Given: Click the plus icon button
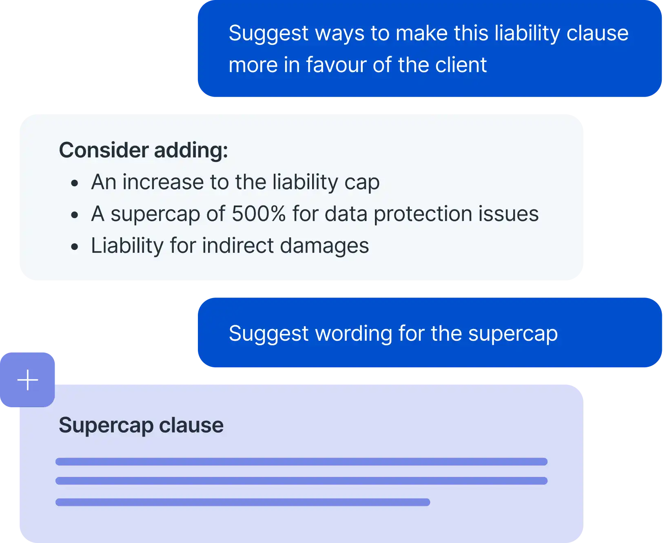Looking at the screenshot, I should (28, 380).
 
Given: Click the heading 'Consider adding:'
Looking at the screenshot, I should (143, 150).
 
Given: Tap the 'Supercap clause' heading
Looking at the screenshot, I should (141, 425).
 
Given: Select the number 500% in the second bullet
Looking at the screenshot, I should (259, 214).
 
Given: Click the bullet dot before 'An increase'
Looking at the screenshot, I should (74, 183).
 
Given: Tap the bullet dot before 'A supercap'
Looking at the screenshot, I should (74, 215).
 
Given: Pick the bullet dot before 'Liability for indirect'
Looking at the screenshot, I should (74, 247).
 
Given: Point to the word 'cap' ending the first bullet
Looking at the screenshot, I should (362, 183).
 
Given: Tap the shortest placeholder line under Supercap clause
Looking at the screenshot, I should (243, 502).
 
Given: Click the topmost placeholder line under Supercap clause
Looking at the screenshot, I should (301, 461).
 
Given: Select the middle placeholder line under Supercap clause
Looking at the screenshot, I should (301, 481).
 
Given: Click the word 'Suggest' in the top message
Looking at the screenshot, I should (268, 33).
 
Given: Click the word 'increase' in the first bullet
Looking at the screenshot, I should (163, 182).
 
